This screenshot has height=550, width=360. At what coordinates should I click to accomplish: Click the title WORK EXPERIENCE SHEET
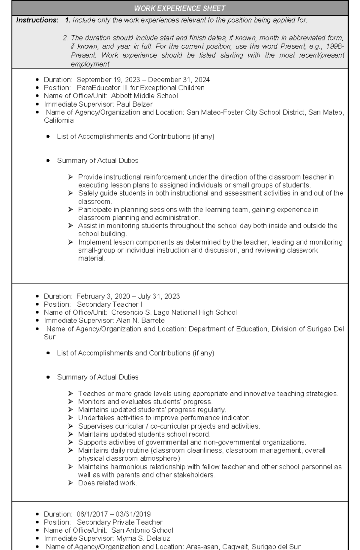pos(179,8)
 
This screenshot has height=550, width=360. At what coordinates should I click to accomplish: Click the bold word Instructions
pos(37,20)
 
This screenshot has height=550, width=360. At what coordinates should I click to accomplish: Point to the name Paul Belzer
pos(134,104)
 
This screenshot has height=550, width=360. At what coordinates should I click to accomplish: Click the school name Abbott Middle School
pos(144,96)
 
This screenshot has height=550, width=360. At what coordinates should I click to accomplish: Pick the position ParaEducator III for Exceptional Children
pos(141,88)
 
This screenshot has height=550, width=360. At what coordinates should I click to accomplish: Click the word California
pos(58,120)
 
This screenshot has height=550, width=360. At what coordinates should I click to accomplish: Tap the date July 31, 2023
pos(159,296)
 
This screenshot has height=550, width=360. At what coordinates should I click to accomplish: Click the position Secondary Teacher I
pos(109,305)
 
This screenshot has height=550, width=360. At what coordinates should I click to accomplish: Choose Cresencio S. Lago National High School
pos(174,313)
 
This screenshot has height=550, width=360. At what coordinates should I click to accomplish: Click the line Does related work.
pos(107,483)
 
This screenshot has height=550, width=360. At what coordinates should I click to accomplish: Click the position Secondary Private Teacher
pos(119,522)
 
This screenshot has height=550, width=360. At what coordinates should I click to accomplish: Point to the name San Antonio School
pos(142,531)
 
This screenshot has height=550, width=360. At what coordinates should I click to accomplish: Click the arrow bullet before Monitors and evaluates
pos(70,402)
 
